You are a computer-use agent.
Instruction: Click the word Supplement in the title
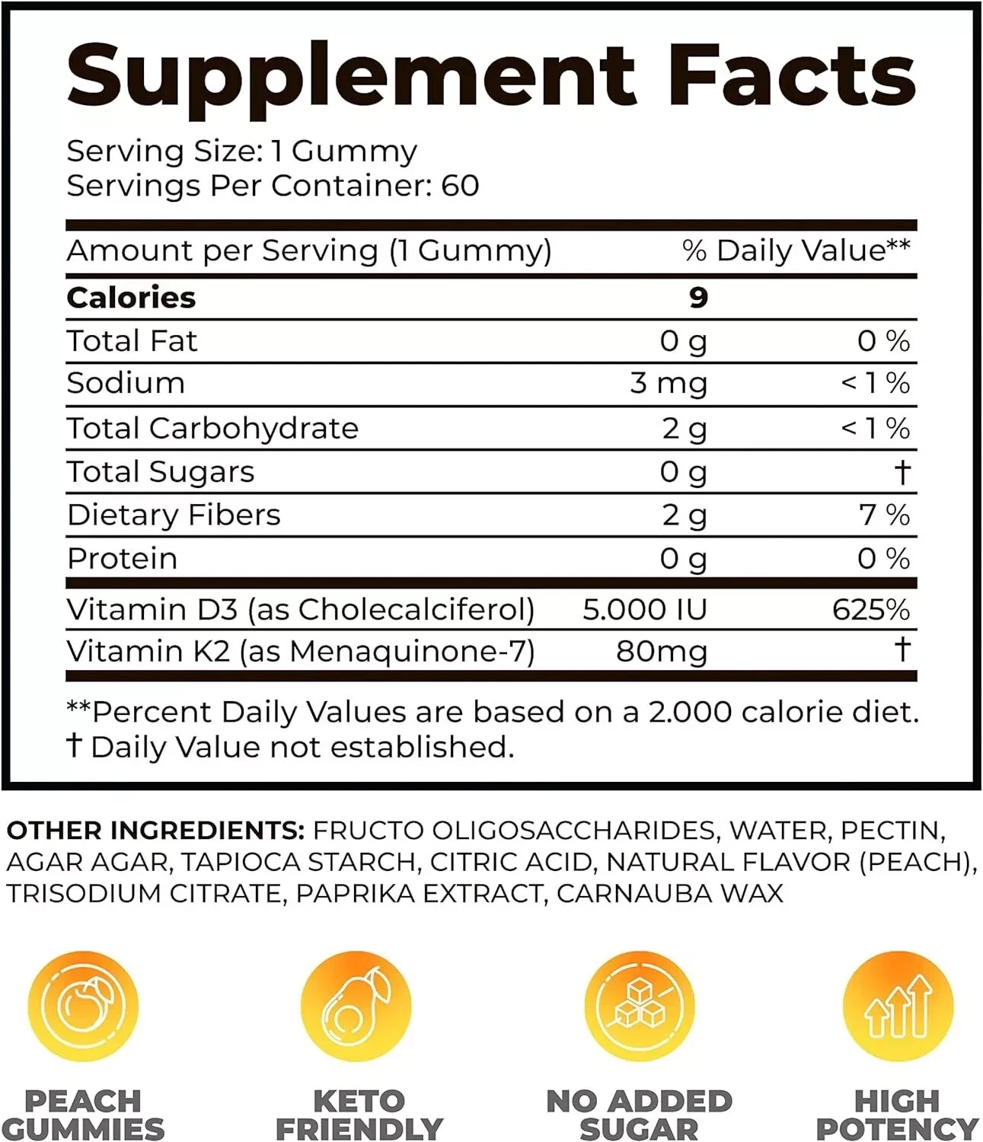(350, 76)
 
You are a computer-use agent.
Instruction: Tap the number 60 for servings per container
(460, 186)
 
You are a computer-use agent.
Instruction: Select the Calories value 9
(698, 298)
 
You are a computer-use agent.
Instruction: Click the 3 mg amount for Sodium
(669, 383)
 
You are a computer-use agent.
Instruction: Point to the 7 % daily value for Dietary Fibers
(884, 515)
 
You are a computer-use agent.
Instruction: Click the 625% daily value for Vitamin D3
(870, 609)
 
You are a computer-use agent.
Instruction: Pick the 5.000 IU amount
(644, 609)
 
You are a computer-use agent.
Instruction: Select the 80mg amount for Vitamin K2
(662, 652)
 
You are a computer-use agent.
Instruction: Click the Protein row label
(122, 559)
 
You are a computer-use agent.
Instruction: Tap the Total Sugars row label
(161, 472)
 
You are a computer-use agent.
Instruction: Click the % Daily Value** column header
(796, 250)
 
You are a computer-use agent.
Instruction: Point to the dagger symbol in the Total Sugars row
(902, 472)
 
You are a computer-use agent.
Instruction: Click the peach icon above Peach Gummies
(83, 1006)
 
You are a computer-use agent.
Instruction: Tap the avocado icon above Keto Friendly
(356, 1006)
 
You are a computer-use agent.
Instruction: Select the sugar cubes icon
(640, 1006)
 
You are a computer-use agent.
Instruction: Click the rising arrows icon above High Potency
(898, 1006)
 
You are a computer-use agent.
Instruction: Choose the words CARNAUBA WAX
(670, 893)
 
